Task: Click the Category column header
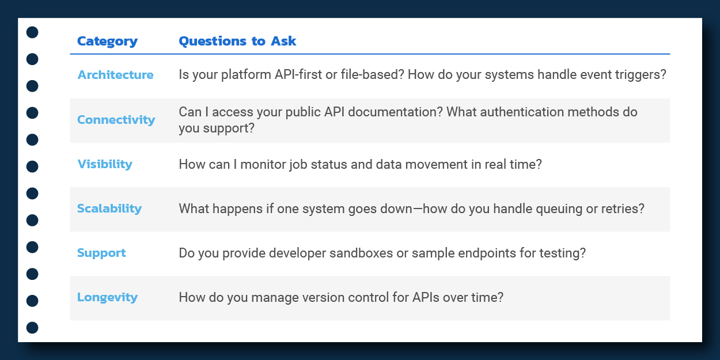click(x=107, y=41)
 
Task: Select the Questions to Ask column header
click(x=237, y=41)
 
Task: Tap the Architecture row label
click(x=115, y=75)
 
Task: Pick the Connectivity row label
click(x=116, y=120)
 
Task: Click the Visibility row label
click(x=105, y=164)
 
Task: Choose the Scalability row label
click(x=109, y=209)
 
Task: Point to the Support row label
click(x=101, y=253)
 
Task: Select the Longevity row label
click(x=107, y=297)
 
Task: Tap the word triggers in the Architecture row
click(x=641, y=75)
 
